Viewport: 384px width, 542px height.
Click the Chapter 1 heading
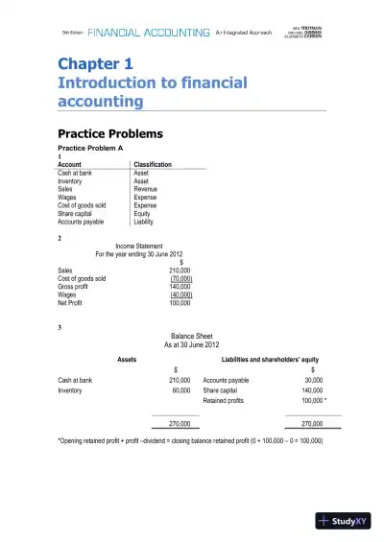pyautogui.click(x=95, y=65)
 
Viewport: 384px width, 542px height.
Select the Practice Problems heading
pyautogui.click(x=110, y=133)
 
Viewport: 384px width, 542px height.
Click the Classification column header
pyautogui.click(x=153, y=165)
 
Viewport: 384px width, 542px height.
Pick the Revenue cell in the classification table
pyautogui.click(x=145, y=189)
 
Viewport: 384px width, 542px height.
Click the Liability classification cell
pyautogui.click(x=144, y=222)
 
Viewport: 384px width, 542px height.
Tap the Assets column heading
pyautogui.click(x=126, y=359)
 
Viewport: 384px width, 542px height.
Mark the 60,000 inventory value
pyautogui.click(x=180, y=390)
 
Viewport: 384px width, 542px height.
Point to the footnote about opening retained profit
pyautogui.click(x=190, y=440)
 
